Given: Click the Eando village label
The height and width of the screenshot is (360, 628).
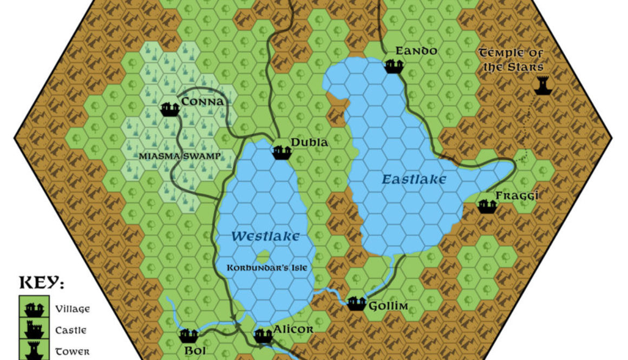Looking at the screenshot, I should (416, 51).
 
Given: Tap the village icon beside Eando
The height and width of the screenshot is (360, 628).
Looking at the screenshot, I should (394, 66).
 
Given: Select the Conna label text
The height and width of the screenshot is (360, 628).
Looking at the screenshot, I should (203, 102).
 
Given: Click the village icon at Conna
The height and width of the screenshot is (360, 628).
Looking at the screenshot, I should (170, 109).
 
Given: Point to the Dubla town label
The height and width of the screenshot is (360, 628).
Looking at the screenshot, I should (309, 142).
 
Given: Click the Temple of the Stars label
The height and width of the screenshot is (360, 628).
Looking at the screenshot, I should (511, 60).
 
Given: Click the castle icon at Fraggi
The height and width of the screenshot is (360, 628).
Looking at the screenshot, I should (487, 206).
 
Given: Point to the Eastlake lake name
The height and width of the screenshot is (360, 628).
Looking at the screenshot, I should (414, 179).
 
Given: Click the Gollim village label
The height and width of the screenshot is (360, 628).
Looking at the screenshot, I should (388, 306).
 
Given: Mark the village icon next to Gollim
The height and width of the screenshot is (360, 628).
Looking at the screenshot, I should (356, 303).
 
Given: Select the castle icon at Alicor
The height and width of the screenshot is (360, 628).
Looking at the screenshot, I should (263, 336).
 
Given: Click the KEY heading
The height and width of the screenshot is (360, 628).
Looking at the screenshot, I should (42, 283).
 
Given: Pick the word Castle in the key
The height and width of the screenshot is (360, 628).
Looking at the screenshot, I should (71, 330).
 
